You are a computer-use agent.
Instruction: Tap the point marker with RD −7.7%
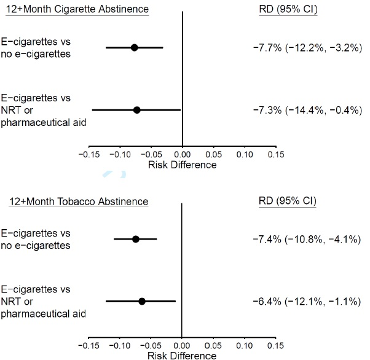pyautogui.click(x=135, y=47)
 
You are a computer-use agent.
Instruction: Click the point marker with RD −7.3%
pyautogui.click(x=136, y=110)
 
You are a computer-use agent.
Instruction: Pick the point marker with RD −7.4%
pyautogui.click(x=136, y=239)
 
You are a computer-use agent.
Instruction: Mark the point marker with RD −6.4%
pyautogui.click(x=142, y=301)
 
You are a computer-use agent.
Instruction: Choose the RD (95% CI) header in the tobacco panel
pyautogui.click(x=288, y=202)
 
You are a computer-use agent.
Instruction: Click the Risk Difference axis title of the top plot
pyautogui.click(x=183, y=165)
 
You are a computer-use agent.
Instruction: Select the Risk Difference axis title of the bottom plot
pyautogui.click(x=183, y=355)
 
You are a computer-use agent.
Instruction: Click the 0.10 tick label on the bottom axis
pyautogui.click(x=245, y=346)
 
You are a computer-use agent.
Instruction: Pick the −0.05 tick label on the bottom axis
pyautogui.click(x=150, y=346)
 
